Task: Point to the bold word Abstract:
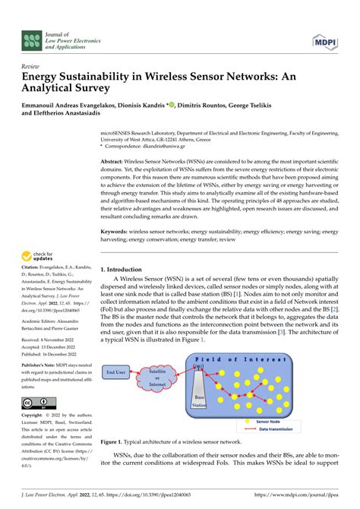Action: coord(115,163)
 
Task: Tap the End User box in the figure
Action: coord(116,372)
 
